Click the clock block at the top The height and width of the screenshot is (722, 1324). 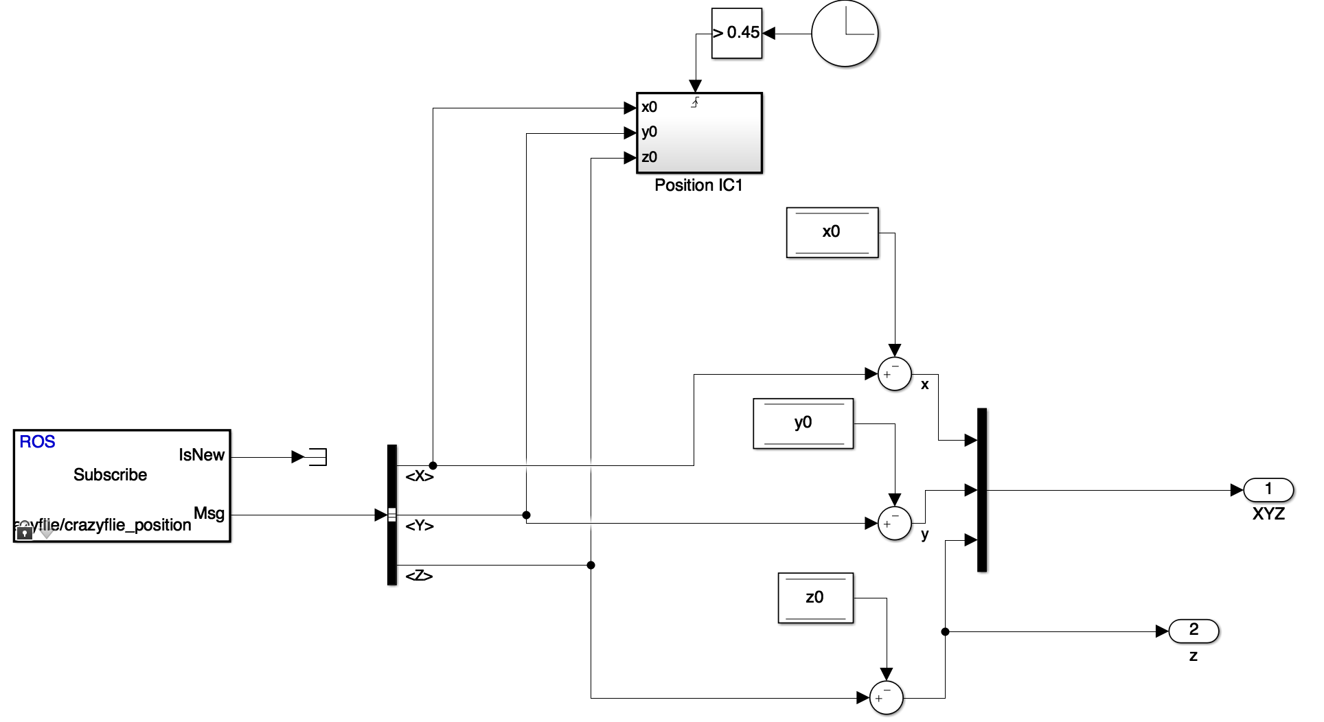[x=845, y=34]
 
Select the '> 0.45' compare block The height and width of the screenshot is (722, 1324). [x=737, y=34]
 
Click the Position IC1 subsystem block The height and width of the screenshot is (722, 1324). [x=699, y=132]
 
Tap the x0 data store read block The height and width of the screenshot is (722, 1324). [x=832, y=232]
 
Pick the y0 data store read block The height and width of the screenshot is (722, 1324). [x=803, y=423]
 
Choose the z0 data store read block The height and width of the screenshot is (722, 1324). [x=815, y=598]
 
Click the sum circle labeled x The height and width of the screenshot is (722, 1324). [x=895, y=375]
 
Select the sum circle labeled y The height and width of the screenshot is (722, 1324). [x=895, y=524]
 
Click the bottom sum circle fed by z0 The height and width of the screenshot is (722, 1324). [x=887, y=698]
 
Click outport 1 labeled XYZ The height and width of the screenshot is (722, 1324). [x=1268, y=490]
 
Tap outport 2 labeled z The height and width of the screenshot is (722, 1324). [x=1194, y=631]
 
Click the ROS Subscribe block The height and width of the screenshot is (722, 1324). [x=122, y=486]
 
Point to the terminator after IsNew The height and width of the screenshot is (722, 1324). [x=317, y=456]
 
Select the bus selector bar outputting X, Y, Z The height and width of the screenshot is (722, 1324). [x=392, y=515]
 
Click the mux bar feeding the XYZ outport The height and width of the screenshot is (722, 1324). [x=982, y=490]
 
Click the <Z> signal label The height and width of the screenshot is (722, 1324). [x=419, y=576]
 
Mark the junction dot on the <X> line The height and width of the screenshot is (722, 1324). [x=433, y=465]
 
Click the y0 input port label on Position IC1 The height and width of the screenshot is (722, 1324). [x=650, y=132]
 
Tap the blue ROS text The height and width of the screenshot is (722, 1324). [x=37, y=442]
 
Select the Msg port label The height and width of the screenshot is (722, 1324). [x=209, y=513]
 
